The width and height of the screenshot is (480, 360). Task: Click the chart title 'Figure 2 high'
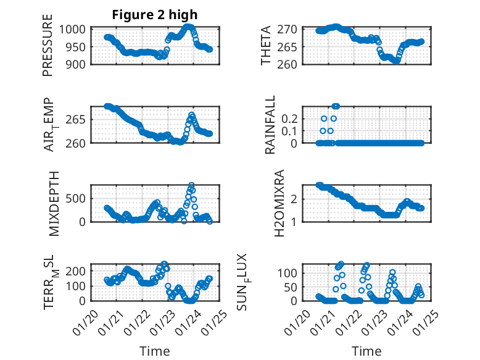[x=155, y=15]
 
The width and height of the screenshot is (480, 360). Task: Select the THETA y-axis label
[x=267, y=46]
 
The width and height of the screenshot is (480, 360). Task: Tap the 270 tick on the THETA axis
[x=291, y=29]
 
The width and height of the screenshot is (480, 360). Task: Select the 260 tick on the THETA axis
[x=291, y=64]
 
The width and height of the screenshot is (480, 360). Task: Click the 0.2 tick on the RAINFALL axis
[x=291, y=118]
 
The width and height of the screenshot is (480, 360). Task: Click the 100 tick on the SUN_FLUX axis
[x=291, y=272]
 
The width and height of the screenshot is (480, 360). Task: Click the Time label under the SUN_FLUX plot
[x=366, y=351]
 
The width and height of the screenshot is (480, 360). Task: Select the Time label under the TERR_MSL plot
[x=155, y=351]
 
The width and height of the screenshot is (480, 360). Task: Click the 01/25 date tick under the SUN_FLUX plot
[x=424, y=322]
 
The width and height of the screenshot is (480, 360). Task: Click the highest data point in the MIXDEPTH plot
[x=191, y=185]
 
